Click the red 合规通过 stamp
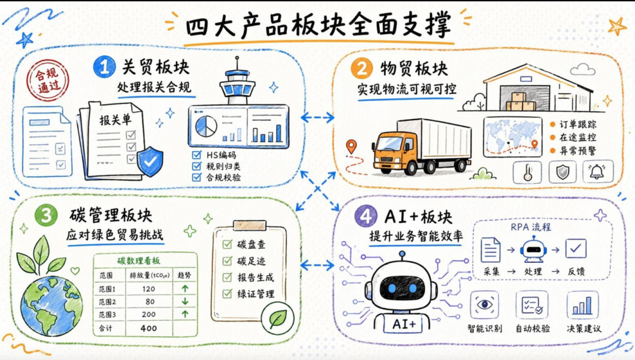click(48, 80)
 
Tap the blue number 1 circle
click(105, 67)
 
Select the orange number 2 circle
click(361, 68)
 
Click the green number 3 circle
click(46, 215)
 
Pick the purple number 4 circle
click(365, 216)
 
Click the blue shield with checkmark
click(151, 162)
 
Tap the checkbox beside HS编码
click(197, 155)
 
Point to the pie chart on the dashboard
click(206, 126)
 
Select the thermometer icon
click(527, 172)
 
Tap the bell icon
click(597, 171)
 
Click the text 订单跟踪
click(578, 124)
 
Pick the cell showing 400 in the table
click(149, 328)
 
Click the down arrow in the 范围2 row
click(185, 301)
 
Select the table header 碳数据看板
click(139, 261)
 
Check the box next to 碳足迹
click(227, 261)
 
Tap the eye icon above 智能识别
click(484, 305)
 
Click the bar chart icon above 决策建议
click(582, 305)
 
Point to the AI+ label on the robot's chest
click(404, 324)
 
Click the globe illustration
click(51, 306)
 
